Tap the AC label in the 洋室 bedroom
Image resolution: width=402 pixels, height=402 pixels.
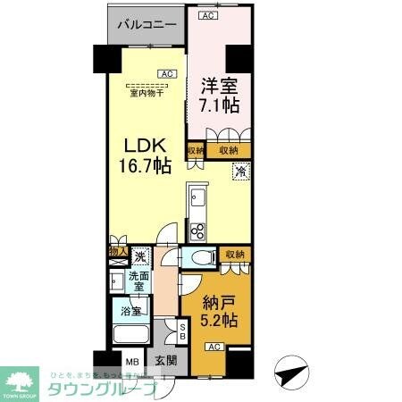click(x=207, y=15)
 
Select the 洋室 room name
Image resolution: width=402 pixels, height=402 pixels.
click(x=219, y=88)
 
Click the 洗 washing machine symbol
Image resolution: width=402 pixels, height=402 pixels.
click(x=140, y=256)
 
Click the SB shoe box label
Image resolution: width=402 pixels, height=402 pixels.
click(x=182, y=332)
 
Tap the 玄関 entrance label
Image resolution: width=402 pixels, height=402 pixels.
click(x=167, y=363)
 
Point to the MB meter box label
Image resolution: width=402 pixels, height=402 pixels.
click(x=130, y=363)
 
